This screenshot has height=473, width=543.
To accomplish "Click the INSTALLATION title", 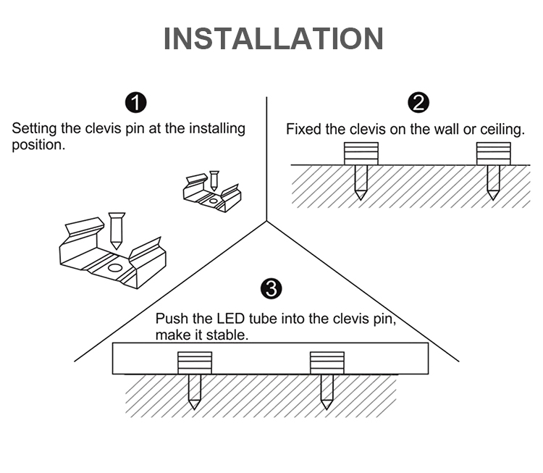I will click(273, 38).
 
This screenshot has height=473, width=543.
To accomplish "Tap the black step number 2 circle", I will click(418, 103).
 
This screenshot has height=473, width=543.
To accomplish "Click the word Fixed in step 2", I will click(302, 130).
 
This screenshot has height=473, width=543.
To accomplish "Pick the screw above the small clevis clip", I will click(214, 180).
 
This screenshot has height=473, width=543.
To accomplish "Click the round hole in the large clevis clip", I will click(114, 267).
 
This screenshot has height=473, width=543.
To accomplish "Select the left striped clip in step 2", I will click(361, 153).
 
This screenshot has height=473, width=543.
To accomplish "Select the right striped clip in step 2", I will click(493, 153).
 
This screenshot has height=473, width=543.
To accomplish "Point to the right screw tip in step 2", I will click(493, 195).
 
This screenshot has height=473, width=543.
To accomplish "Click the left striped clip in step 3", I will click(195, 363).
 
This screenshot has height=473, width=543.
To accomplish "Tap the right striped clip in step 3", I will click(327, 363).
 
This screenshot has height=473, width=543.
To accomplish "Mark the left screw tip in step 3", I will click(194, 404).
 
